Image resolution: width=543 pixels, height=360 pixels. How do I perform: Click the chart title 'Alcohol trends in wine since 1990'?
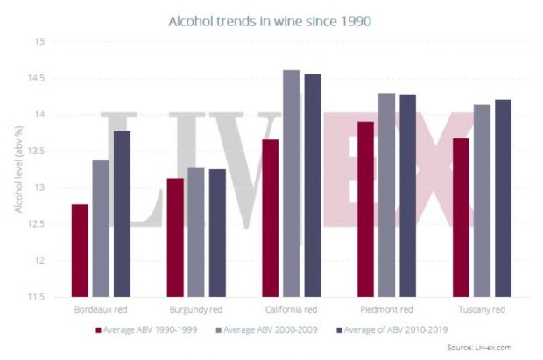coord(271,18)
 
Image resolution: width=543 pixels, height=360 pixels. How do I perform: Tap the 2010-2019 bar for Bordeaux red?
coord(121,214)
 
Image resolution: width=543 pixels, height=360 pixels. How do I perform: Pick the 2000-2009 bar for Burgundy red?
coord(195,232)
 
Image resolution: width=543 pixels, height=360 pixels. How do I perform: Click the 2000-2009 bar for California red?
coord(291,184)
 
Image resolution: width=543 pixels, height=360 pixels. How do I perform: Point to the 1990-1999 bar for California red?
coord(270,218)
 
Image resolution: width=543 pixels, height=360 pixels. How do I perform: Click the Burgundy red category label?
coord(195,310)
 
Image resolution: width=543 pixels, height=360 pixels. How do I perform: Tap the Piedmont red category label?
coord(386,310)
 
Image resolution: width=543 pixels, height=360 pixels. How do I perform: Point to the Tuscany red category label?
coord(481,310)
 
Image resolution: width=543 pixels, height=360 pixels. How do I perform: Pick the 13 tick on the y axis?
coord(38,188)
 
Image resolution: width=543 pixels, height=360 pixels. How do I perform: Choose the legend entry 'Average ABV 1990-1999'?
coord(149,329)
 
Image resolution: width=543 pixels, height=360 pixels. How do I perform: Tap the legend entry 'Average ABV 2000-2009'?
coord(272,329)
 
